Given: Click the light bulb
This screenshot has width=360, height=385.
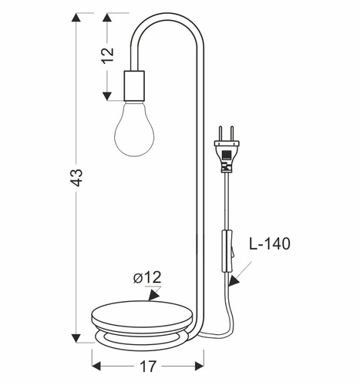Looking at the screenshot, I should point(133,129).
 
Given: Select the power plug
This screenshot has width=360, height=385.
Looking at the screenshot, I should point(227,153).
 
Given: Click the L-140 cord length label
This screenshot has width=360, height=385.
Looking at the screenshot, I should point(270,245).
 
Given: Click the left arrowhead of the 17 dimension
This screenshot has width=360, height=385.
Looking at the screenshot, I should point(96,357).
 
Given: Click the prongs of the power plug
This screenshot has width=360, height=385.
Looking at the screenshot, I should point(226,136).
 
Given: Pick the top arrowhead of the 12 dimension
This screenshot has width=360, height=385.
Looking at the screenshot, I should point(106,18).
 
